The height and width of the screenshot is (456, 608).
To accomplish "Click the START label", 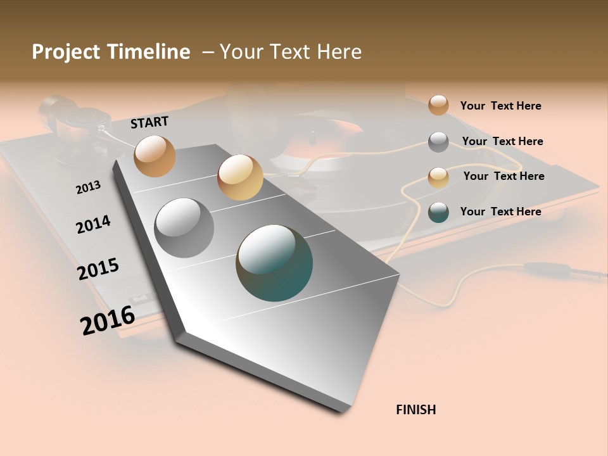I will (x=149, y=122).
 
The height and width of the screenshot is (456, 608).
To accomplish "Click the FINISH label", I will (x=415, y=410).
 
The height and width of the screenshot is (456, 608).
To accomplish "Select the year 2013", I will (x=89, y=187).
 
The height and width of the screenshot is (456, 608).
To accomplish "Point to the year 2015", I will (x=98, y=269).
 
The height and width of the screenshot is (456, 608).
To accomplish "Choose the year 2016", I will (x=108, y=320).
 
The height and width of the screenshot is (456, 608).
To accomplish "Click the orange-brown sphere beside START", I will (x=155, y=156).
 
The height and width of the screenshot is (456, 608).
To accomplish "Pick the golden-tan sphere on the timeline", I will (x=240, y=177).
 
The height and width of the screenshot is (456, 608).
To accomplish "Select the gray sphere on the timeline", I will (x=184, y=227).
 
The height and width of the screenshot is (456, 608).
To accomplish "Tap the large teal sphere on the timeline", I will (x=274, y=263).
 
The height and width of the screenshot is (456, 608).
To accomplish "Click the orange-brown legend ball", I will (x=438, y=105).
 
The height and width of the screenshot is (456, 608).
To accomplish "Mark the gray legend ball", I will (x=438, y=142).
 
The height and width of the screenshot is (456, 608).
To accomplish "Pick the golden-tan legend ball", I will (x=438, y=177).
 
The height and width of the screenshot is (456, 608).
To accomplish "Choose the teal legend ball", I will (x=438, y=213).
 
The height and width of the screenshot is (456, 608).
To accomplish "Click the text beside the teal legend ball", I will (x=500, y=212).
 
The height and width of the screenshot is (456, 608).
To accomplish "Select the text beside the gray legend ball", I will (x=502, y=141).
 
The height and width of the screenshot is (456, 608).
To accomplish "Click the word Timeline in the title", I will (x=149, y=52).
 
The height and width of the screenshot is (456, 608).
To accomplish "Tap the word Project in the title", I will (x=63, y=52).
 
